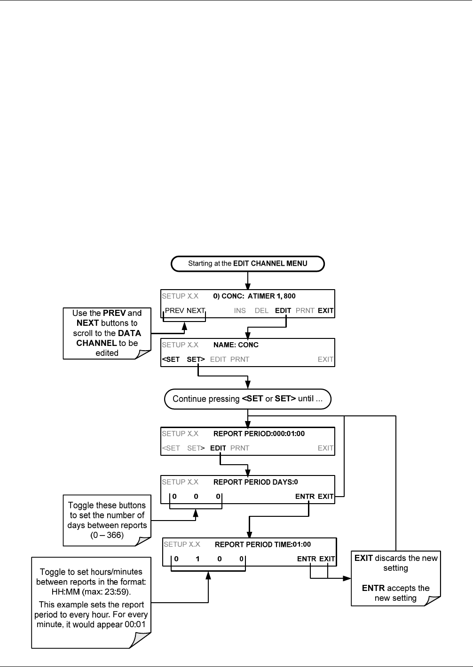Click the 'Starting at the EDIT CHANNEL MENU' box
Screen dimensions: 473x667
click(247, 263)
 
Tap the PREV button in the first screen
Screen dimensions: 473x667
click(174, 311)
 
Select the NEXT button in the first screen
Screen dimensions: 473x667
click(196, 311)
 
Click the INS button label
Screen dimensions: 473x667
click(240, 311)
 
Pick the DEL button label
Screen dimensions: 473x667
click(261, 311)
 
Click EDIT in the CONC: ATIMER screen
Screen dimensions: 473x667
click(283, 311)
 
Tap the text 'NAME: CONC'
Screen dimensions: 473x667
click(236, 345)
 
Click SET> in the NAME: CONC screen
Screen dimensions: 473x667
click(196, 360)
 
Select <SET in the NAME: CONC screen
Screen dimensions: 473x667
click(171, 360)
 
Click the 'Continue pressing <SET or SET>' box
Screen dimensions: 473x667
click(247, 399)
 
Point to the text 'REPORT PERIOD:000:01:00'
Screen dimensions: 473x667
click(259, 434)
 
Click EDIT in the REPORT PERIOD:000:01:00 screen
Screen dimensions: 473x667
click(218, 448)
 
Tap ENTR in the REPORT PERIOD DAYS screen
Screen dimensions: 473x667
click(305, 497)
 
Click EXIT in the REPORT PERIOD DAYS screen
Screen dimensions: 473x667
click(325, 497)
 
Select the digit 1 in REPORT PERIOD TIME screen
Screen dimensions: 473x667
click(197, 559)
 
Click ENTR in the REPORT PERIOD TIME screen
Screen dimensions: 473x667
click(307, 559)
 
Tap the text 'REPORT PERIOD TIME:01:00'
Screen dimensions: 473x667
click(263, 544)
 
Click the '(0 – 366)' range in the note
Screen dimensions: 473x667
click(107, 535)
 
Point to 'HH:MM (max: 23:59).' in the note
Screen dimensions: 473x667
click(91, 592)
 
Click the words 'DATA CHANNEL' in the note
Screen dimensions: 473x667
click(109, 338)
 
